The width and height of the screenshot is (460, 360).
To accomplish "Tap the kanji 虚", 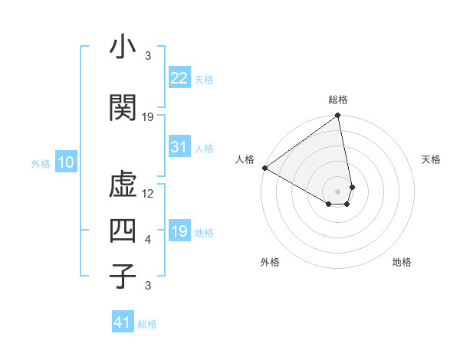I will pos(123,185).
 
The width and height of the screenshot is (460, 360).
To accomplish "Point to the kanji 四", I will pos(123,231).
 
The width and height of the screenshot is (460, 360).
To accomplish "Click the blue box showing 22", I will pos(179,77).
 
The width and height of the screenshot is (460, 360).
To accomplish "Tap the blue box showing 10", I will pos(65,162).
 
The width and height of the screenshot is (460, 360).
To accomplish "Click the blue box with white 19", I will pos(179,231).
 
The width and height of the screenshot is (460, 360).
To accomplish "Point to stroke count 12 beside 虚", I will pos(148,194).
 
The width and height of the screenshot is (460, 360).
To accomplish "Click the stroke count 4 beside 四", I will pos(148,240).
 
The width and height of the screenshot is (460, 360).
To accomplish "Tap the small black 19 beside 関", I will pos(148,117).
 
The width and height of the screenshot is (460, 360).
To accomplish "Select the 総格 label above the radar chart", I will pos(338,100).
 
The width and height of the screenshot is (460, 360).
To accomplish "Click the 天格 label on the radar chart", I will pos(431,159).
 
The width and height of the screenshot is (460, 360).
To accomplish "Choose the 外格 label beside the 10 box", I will pos(40,164).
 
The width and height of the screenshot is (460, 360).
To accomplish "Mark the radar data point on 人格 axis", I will pos(264,167).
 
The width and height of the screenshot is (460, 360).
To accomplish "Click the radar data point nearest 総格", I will pos(338,116).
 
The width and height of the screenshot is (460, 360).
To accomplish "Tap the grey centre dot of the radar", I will pos(338,191).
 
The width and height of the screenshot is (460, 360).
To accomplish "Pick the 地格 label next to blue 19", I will pos(204,232).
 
